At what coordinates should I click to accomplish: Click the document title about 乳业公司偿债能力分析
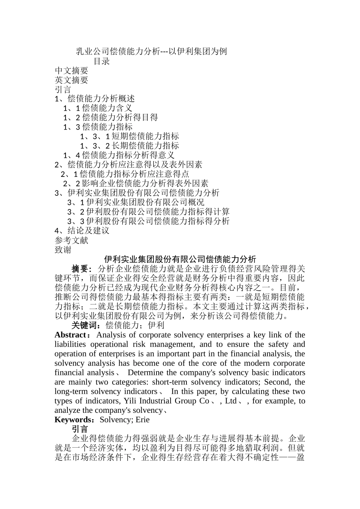click(x=151, y=52)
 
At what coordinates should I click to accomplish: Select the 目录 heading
click(x=102, y=61)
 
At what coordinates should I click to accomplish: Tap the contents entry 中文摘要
click(x=72, y=70)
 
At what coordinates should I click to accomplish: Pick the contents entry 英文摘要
click(x=72, y=80)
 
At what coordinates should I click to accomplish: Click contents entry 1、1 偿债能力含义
click(x=98, y=108)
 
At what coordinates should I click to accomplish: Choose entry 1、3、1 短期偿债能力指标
click(x=129, y=136)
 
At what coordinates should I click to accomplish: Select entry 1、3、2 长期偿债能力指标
click(x=129, y=146)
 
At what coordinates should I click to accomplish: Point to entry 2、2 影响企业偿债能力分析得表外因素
click(x=136, y=184)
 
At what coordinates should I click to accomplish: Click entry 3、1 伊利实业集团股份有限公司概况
click(x=136, y=202)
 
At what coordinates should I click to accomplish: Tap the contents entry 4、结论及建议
click(x=82, y=231)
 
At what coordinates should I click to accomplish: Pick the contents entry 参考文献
click(x=72, y=240)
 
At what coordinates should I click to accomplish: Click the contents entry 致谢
click(x=63, y=250)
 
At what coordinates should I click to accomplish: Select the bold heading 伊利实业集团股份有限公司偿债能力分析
click(x=180, y=259)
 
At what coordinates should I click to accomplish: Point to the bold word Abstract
click(x=70, y=335)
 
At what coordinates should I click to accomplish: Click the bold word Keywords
click(x=74, y=420)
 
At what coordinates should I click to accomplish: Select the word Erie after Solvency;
click(x=142, y=420)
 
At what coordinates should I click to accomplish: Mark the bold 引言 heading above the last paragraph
click(x=80, y=429)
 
